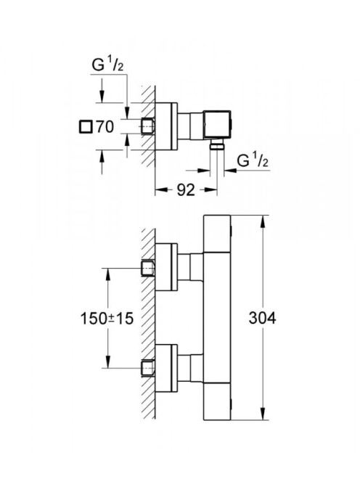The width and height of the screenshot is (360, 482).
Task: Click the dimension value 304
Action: [x=262, y=318]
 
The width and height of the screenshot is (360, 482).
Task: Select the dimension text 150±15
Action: [x=107, y=318]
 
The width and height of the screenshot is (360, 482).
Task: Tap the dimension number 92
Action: [x=186, y=190]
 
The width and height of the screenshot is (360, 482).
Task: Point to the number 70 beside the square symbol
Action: [x=105, y=126]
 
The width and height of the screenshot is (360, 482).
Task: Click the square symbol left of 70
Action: [x=86, y=127]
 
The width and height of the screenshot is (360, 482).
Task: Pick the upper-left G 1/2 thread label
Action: [x=107, y=65]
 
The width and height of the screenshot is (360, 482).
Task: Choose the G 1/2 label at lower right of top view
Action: [x=253, y=160]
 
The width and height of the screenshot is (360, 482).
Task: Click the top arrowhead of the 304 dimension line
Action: [x=263, y=221]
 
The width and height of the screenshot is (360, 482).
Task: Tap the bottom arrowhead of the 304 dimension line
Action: [x=263, y=413]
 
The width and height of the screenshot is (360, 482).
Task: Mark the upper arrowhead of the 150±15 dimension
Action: [x=108, y=274]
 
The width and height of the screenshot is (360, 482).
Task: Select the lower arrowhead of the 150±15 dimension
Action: [x=108, y=361]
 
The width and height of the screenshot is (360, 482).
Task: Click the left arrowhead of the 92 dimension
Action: [x=162, y=190]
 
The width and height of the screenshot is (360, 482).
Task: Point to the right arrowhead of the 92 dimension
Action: [x=210, y=190]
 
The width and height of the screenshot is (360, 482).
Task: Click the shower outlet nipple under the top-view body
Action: [x=217, y=145]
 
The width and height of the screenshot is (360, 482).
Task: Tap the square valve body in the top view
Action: [x=218, y=125]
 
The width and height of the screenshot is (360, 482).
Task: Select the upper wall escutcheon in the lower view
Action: [x=167, y=267]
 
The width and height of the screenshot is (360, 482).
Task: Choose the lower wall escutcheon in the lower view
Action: [x=167, y=368]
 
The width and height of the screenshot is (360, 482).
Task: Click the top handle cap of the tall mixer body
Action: [x=217, y=233]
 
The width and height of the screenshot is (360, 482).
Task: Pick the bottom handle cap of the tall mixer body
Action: [x=217, y=401]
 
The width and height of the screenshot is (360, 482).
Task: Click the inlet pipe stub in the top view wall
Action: [x=148, y=126]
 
